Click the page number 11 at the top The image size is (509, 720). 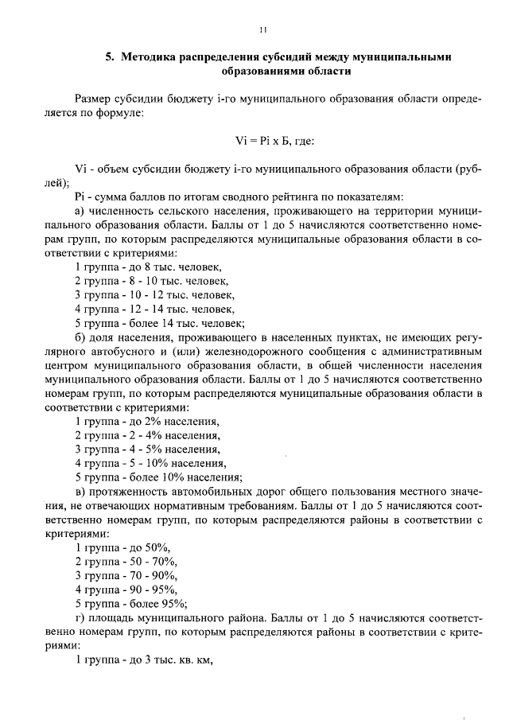click(262, 29)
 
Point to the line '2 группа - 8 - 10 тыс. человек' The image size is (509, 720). click(151, 281)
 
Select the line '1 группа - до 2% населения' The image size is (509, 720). click(147, 421)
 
